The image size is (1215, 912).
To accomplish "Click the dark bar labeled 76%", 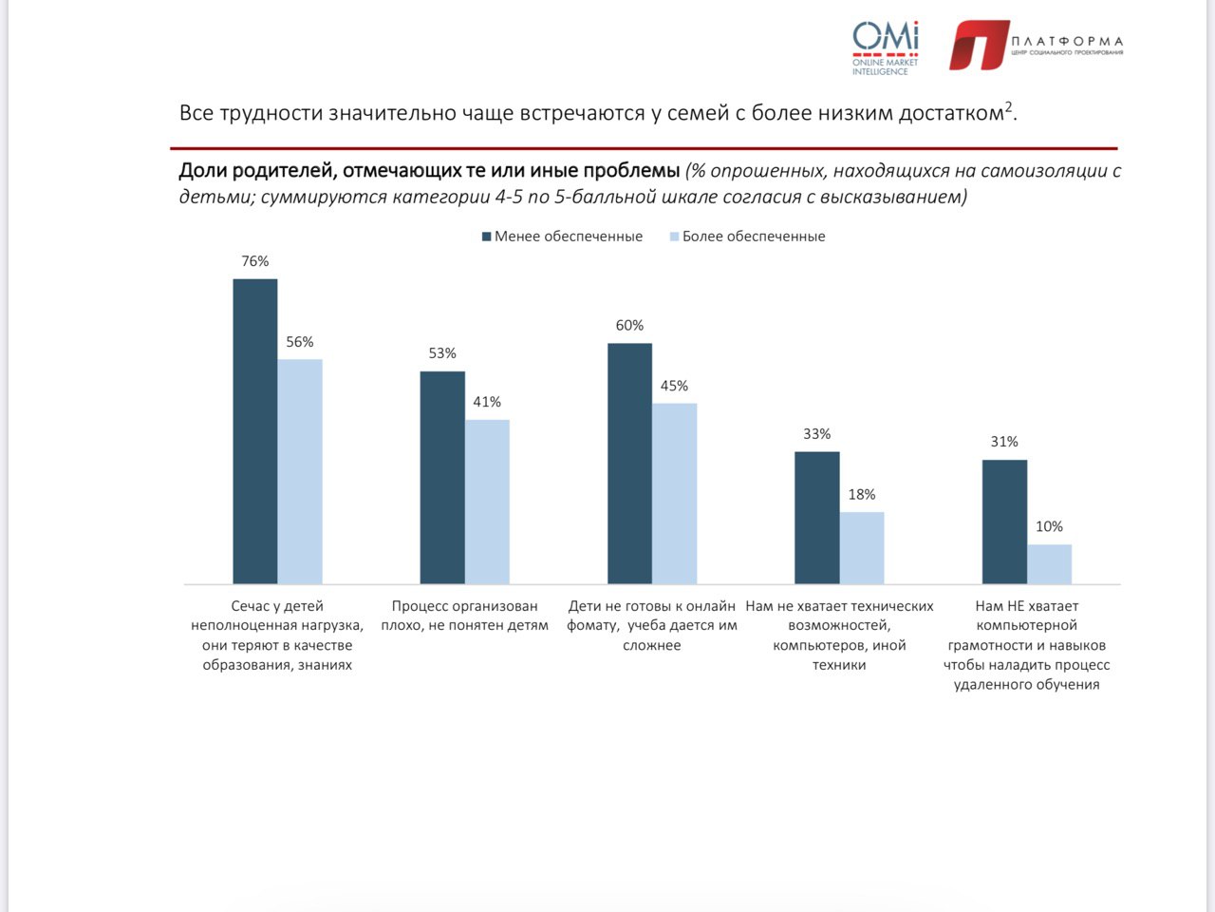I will coord(255,431).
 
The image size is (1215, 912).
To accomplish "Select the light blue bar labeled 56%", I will coord(300,471).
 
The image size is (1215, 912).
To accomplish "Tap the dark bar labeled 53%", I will coord(442,477).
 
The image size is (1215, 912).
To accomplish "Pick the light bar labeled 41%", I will coord(487,502).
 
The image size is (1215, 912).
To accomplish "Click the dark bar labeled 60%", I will coord(629,464).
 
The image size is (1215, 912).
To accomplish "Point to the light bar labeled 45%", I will coord(674,493).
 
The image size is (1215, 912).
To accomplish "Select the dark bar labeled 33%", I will coord(816,518).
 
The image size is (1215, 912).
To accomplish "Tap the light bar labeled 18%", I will coord(862,548).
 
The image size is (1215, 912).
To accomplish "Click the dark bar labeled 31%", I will coord(1004,522).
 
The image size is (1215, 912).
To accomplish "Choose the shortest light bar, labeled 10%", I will coord(1049,564).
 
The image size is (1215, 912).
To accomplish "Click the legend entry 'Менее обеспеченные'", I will coord(562,237).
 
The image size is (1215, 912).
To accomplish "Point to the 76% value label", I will coord(255,261).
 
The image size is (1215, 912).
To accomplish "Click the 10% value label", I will coord(1049,527).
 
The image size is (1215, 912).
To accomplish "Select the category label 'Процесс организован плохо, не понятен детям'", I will coord(465,616).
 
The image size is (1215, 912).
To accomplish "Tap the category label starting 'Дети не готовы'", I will coord(652,625).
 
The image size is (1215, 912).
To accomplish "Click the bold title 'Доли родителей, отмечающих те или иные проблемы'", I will coord(429,171).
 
